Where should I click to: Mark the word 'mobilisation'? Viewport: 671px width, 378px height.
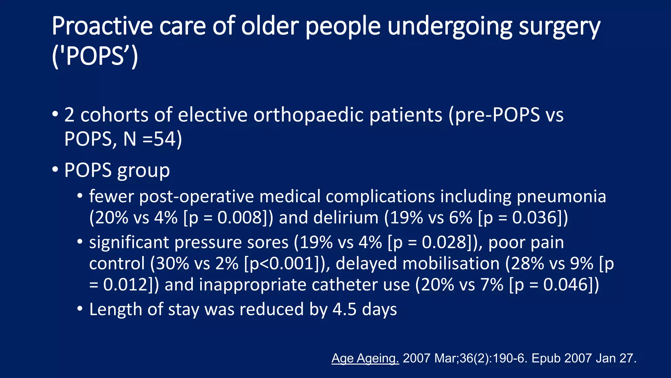point(451,264)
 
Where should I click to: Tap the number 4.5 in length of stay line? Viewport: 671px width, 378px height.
point(344,310)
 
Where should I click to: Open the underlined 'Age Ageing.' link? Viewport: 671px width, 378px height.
point(365,358)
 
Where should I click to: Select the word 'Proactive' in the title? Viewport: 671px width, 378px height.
point(102,27)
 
